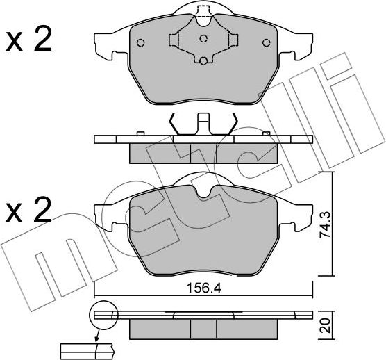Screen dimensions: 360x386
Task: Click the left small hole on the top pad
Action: click(x=141, y=42)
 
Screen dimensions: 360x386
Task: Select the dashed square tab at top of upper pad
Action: click(x=203, y=12)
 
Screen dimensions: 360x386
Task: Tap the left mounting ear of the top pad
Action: click(x=103, y=44)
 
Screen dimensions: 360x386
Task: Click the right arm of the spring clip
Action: click(x=231, y=126)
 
